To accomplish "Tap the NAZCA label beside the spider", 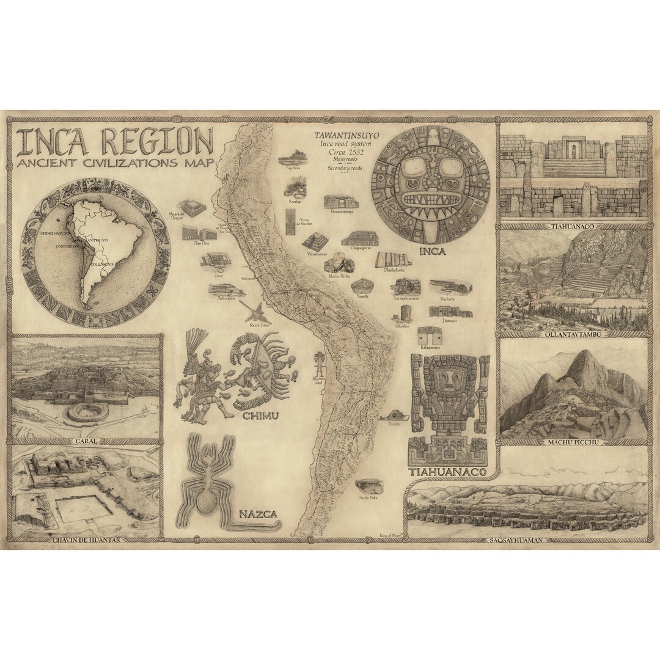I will point(257,515).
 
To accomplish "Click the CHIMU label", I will point(260,416).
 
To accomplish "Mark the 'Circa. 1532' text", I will point(343,152).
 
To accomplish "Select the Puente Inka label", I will point(369,498).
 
